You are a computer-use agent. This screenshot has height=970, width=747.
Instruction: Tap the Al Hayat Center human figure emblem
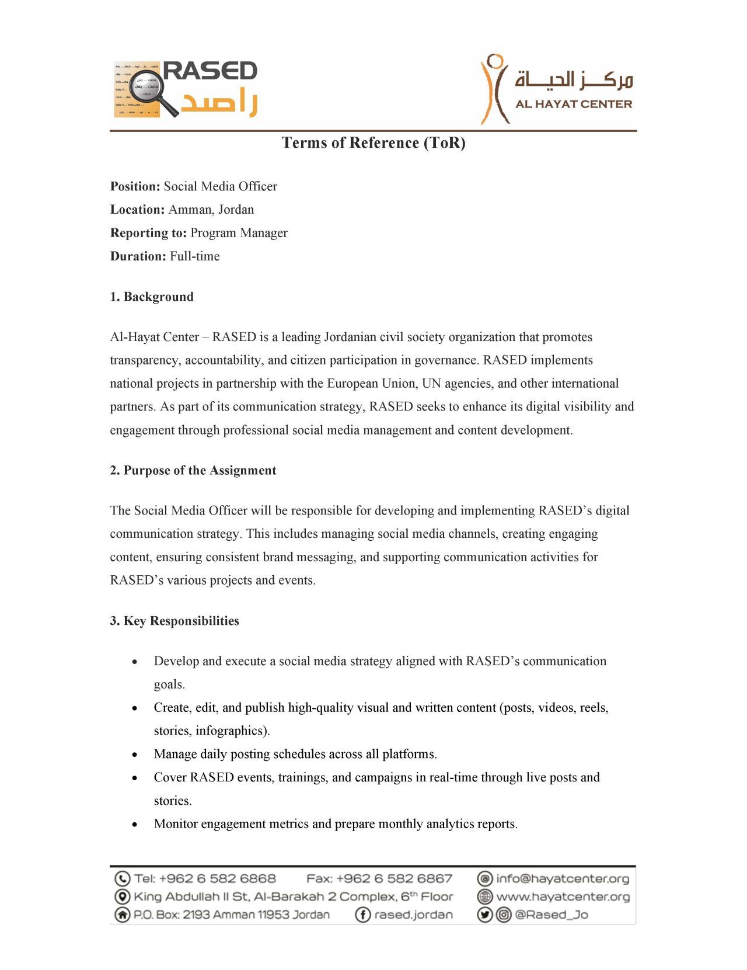pyautogui.click(x=494, y=89)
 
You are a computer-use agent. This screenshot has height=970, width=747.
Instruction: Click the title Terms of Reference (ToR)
pyautogui.click(x=373, y=143)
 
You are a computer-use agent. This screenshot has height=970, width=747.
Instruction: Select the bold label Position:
pyautogui.click(x=135, y=186)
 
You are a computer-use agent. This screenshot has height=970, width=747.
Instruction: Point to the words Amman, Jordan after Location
pyautogui.click(x=211, y=210)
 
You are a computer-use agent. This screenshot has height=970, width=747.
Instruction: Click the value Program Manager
pyautogui.click(x=239, y=233)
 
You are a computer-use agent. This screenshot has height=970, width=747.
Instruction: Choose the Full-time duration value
pyautogui.click(x=195, y=256)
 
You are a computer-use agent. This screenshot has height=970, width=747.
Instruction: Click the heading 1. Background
pyautogui.click(x=152, y=297)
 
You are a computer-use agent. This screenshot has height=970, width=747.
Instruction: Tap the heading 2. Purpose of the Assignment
pyautogui.click(x=193, y=471)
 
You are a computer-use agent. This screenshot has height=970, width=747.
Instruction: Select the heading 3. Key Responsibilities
pyautogui.click(x=174, y=621)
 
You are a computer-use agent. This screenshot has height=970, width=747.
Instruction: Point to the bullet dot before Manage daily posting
pyautogui.click(x=135, y=755)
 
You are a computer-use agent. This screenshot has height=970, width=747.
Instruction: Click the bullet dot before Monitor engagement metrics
pyautogui.click(x=135, y=825)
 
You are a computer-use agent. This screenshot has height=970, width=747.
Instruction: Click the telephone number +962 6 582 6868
pyautogui.click(x=217, y=878)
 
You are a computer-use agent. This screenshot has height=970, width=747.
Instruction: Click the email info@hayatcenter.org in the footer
pyautogui.click(x=563, y=878)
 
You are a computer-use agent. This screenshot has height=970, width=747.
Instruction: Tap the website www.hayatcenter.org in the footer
pyautogui.click(x=563, y=896)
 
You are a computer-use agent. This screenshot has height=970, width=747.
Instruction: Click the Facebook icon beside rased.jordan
pyautogui.click(x=362, y=915)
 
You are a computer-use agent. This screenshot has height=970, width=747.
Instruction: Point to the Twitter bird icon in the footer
pyautogui.click(x=485, y=915)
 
